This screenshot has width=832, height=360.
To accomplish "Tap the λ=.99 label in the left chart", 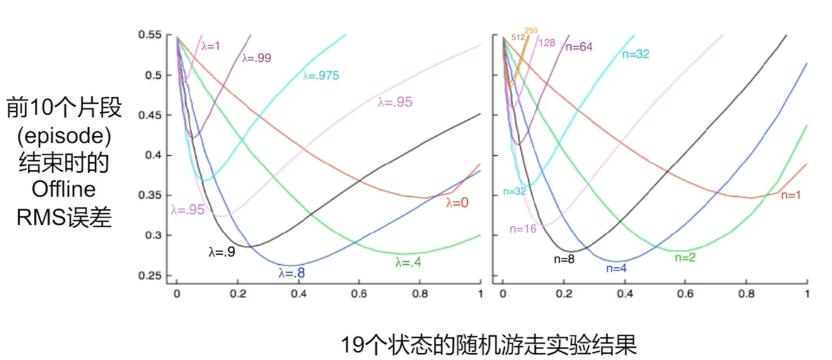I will (257, 58).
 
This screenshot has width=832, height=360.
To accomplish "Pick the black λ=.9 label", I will (221, 252).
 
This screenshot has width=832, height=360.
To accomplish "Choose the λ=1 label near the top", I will (211, 45).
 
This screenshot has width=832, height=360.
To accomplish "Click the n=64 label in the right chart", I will (580, 46).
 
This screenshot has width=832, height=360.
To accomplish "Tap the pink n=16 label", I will (523, 229).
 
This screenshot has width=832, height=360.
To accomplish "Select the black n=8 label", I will (564, 258).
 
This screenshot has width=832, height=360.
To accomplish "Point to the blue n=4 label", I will (616, 268).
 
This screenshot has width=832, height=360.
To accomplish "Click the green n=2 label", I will (685, 257).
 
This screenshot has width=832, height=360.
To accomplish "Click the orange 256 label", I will (531, 30).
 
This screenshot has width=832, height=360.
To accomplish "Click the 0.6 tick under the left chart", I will (359, 294).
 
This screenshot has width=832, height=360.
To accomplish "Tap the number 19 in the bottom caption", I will (350, 345).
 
